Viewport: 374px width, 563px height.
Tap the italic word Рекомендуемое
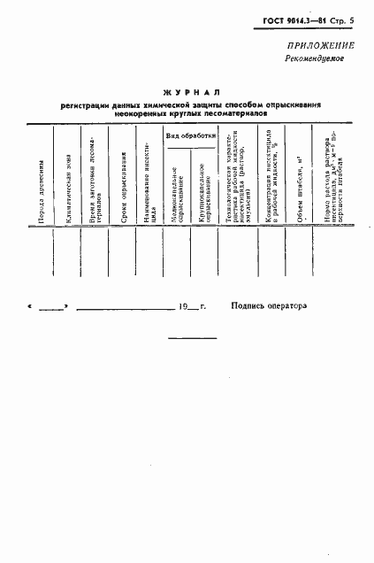315,58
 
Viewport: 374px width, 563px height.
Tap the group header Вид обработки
191,135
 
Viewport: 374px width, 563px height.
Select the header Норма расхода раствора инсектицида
333,178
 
